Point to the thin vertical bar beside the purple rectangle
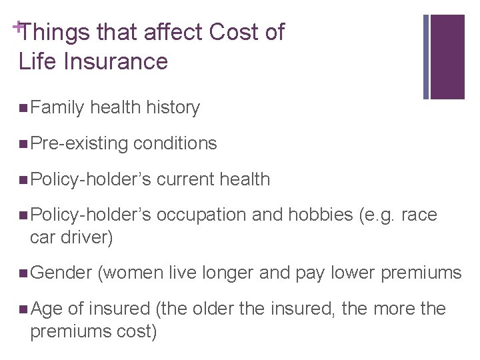426,56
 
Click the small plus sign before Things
15,25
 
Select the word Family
57,107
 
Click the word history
173,107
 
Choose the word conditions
175,143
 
